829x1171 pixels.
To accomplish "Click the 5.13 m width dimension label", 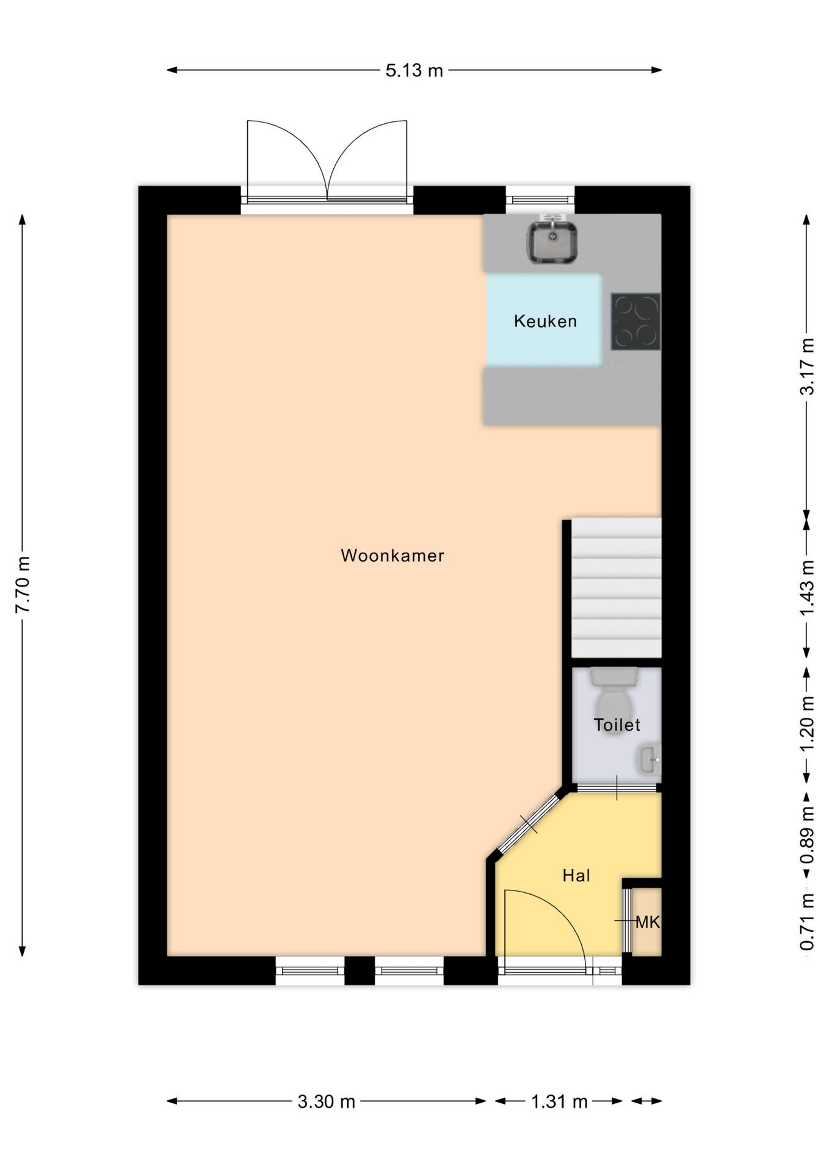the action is [414, 70].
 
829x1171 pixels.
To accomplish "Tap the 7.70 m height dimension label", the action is [23, 585].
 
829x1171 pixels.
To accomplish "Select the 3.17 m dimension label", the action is [807, 367].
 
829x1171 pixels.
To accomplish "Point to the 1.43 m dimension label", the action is [807, 588].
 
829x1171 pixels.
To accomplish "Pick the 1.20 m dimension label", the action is [807, 724].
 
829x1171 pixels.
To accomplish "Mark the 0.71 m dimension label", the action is [807, 921].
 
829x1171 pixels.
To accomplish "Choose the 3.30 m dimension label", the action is [326, 1101].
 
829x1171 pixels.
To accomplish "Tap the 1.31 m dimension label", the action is [559, 1101].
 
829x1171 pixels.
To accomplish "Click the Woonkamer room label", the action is [392, 555].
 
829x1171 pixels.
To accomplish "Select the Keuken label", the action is [545, 321].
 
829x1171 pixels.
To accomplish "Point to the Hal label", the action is [576, 876].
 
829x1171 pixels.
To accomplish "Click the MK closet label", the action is [648, 922].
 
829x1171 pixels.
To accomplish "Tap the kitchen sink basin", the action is [552, 242].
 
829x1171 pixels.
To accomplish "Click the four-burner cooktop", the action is [635, 321].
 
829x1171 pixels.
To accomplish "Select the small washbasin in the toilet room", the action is [649, 760].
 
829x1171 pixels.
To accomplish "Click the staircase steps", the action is [616, 587].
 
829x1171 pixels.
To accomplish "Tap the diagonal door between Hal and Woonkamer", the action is [529, 824].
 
